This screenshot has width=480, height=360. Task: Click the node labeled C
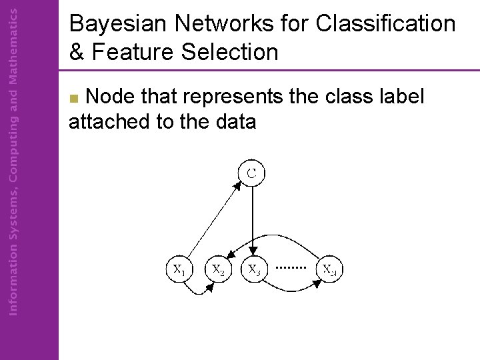[252, 173]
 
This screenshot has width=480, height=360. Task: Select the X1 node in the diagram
[179, 270]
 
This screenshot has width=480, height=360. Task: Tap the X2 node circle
[218, 270]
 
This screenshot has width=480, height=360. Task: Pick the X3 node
[254, 270]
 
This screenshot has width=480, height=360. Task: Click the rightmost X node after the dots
[329, 270]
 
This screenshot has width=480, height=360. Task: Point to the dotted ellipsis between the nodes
[291, 267]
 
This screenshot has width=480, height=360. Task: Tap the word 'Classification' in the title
[386, 25]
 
